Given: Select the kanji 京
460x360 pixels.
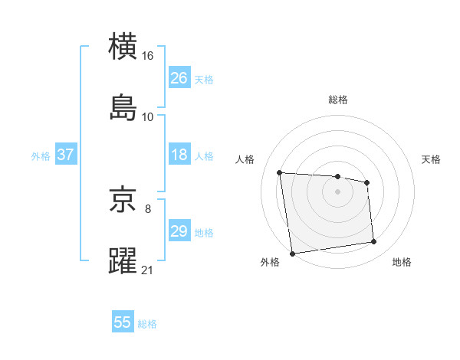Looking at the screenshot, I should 123,200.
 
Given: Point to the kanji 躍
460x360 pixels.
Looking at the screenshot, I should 123,260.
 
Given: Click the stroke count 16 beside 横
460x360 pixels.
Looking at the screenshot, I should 148,56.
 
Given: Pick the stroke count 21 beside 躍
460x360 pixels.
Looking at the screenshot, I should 148,269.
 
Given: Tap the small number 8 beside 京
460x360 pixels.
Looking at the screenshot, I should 148,208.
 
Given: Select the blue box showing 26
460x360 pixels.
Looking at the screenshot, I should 179,78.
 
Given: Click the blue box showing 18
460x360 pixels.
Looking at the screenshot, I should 179,155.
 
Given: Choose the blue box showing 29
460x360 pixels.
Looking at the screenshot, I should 179,231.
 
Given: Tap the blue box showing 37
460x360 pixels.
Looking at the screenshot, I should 66,155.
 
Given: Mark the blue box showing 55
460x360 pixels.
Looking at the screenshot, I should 123,322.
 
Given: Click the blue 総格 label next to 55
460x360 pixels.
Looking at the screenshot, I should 147,324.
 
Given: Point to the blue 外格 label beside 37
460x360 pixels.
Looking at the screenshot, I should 41,156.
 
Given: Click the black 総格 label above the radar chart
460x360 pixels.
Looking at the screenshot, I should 337,100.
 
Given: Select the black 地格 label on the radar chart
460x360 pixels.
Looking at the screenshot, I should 402,263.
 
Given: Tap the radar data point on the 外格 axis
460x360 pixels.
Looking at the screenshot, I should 292,253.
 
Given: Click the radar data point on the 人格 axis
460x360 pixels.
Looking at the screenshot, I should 280,172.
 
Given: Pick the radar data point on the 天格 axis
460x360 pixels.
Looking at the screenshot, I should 367,182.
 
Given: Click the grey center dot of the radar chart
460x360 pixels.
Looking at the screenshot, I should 337,191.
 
